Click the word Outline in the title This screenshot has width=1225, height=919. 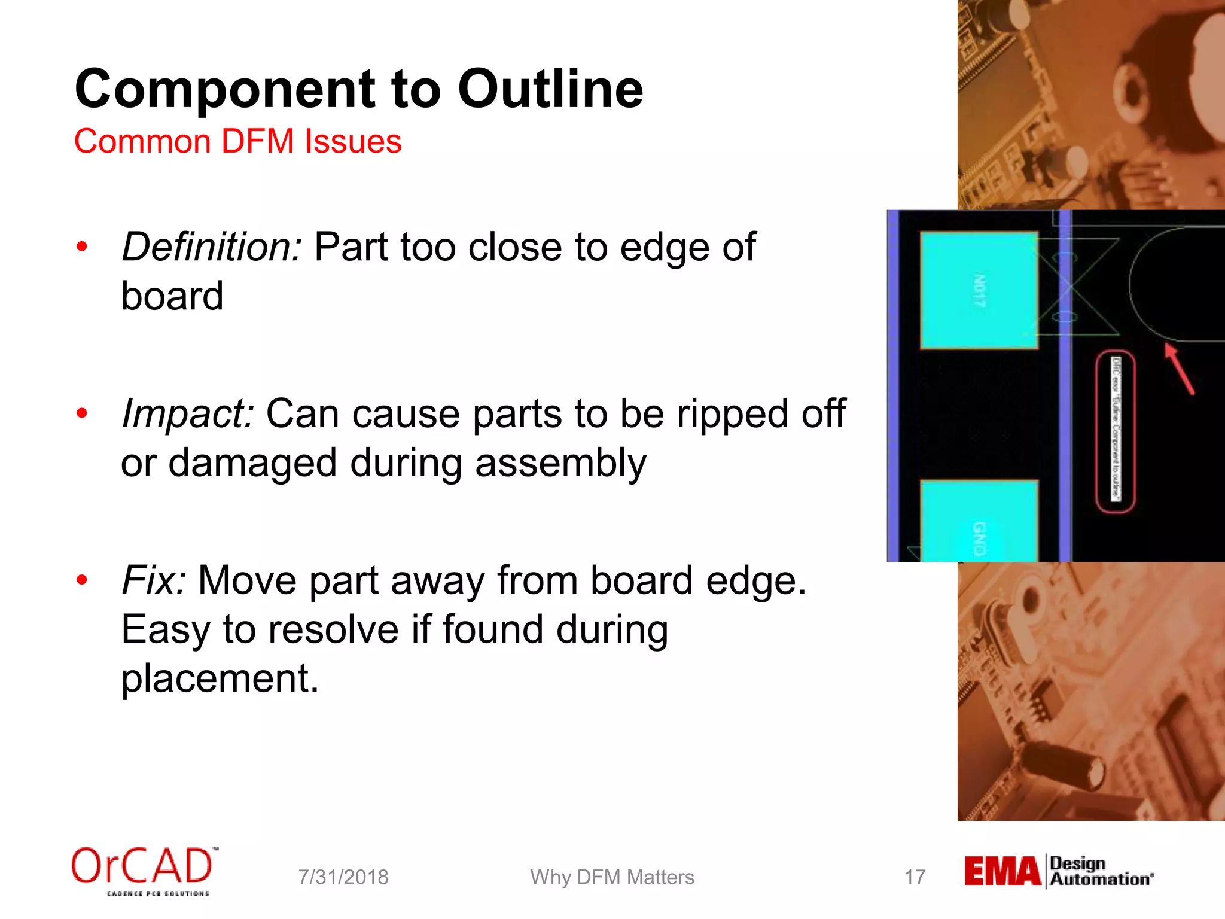(550, 90)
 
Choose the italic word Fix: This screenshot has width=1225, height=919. (154, 580)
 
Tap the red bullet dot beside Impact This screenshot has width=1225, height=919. (83, 413)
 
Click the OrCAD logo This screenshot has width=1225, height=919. (142, 869)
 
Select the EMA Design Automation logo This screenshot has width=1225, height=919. (1058, 871)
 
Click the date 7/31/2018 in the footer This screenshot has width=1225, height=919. (343, 877)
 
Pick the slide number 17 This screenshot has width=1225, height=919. (915, 877)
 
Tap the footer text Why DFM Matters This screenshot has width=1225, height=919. (612, 877)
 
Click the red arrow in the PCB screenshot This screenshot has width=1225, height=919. (1180, 370)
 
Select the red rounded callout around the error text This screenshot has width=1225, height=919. (1115, 431)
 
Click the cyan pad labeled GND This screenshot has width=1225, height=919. (979, 521)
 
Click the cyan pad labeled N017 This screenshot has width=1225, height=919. (979, 290)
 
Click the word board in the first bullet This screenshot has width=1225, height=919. (172, 296)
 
